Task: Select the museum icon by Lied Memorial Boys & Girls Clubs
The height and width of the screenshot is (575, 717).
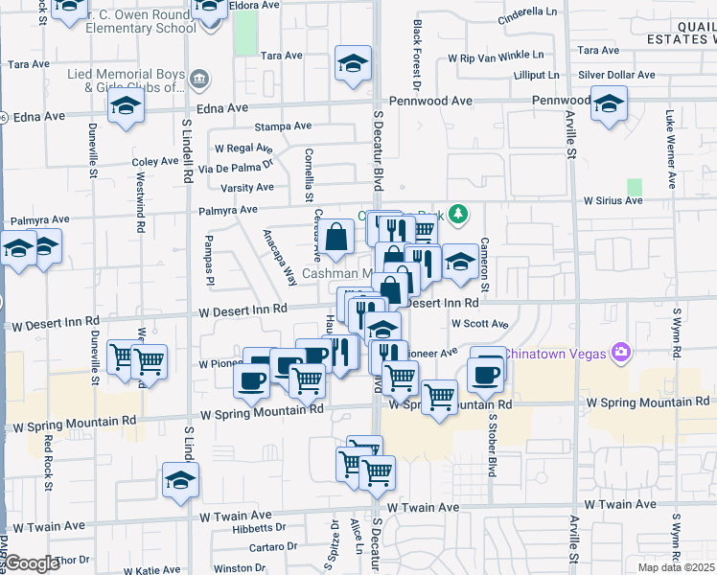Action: tap(198, 78)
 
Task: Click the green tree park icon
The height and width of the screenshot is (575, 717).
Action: tap(459, 213)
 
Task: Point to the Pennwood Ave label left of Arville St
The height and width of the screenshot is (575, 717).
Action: tap(430, 101)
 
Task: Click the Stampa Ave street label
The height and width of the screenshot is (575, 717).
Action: tap(283, 126)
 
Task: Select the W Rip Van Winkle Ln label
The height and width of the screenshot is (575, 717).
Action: tap(501, 57)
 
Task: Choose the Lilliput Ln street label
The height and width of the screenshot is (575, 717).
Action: tap(535, 74)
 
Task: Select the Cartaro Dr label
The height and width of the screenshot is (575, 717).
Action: tap(274, 547)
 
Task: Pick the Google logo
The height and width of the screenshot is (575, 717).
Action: tap(32, 563)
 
